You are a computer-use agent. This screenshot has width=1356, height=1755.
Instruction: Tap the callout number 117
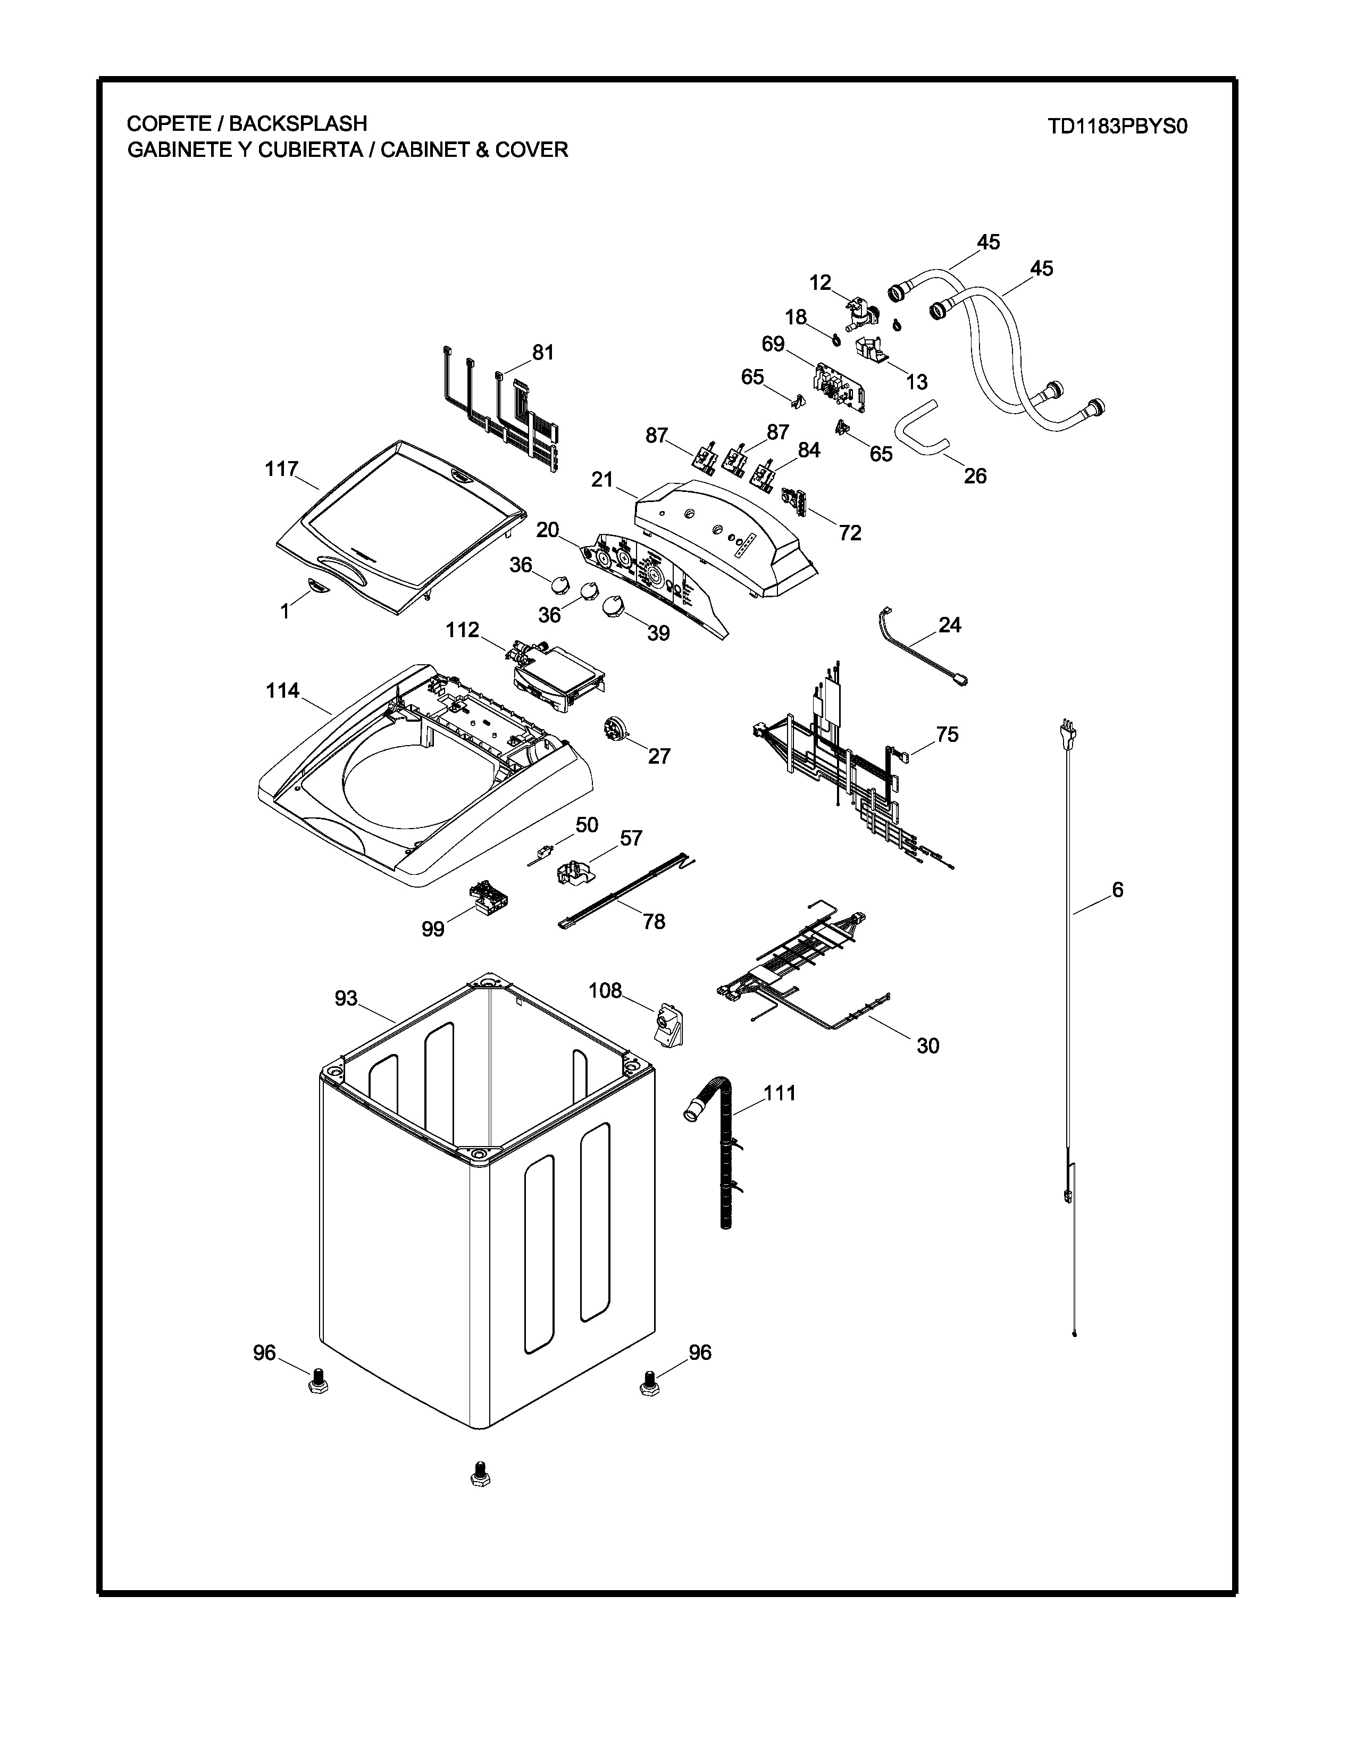(x=282, y=469)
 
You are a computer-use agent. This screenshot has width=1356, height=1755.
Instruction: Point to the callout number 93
(x=346, y=998)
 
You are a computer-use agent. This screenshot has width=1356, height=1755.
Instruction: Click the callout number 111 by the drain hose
(x=779, y=1093)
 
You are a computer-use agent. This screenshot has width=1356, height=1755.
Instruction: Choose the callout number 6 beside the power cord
(x=1117, y=890)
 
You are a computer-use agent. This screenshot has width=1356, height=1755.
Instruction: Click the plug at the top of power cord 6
(x=1068, y=734)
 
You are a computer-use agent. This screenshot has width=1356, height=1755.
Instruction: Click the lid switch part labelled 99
(x=485, y=897)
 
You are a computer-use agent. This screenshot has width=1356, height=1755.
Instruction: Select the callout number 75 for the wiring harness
(x=947, y=734)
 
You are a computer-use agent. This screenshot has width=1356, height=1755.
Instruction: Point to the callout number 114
(x=283, y=690)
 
